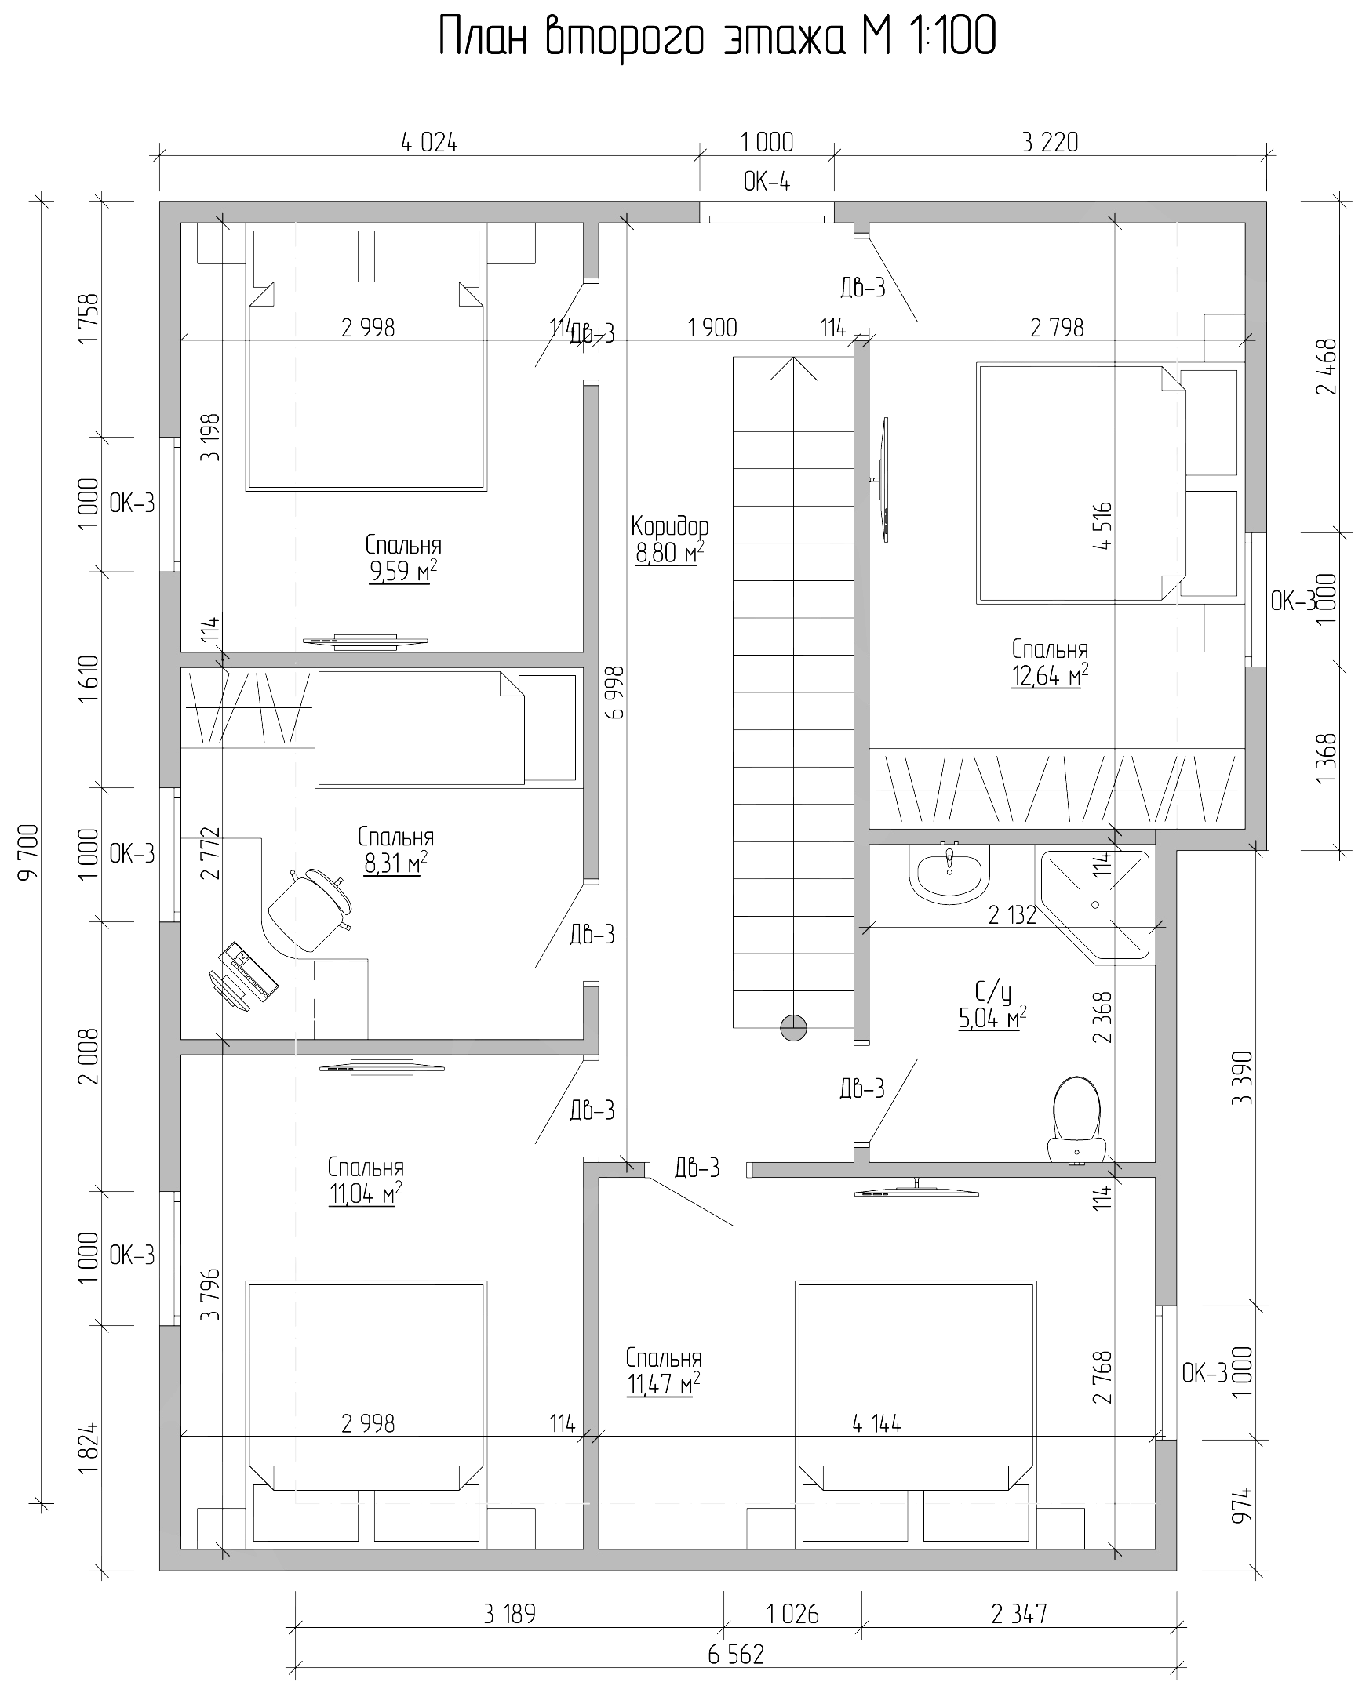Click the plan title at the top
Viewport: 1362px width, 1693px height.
pos(716,36)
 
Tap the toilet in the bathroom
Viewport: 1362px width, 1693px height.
pos(1076,1118)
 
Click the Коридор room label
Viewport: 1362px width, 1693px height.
pos(669,525)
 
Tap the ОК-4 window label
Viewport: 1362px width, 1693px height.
pos(767,183)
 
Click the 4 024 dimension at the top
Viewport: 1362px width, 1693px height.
pos(429,143)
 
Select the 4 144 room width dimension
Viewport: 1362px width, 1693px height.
pos(876,1423)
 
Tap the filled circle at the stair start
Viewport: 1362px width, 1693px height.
pos(793,1027)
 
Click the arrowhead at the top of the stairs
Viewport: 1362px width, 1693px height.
pos(793,365)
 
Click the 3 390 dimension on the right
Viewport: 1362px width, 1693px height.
pos(1242,1078)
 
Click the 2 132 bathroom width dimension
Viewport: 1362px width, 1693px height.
pos(1011,915)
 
